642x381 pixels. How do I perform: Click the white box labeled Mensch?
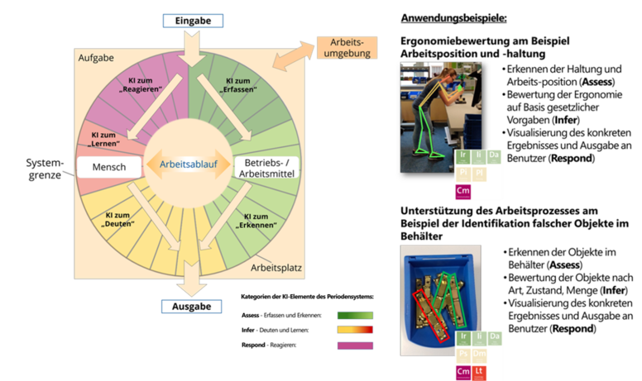(109, 167)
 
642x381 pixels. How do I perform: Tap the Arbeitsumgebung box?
(347, 47)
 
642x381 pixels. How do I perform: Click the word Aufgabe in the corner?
(96, 58)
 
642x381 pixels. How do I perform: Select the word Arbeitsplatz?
(277, 269)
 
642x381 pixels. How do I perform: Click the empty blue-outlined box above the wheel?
(193, 21)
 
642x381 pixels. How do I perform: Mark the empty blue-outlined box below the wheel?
(192, 307)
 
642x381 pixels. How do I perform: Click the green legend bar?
(356, 315)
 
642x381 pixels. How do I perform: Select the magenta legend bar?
(356, 345)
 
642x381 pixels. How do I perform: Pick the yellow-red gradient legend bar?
(356, 330)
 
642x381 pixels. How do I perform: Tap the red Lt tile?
(480, 373)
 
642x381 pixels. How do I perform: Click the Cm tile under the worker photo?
(462, 191)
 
